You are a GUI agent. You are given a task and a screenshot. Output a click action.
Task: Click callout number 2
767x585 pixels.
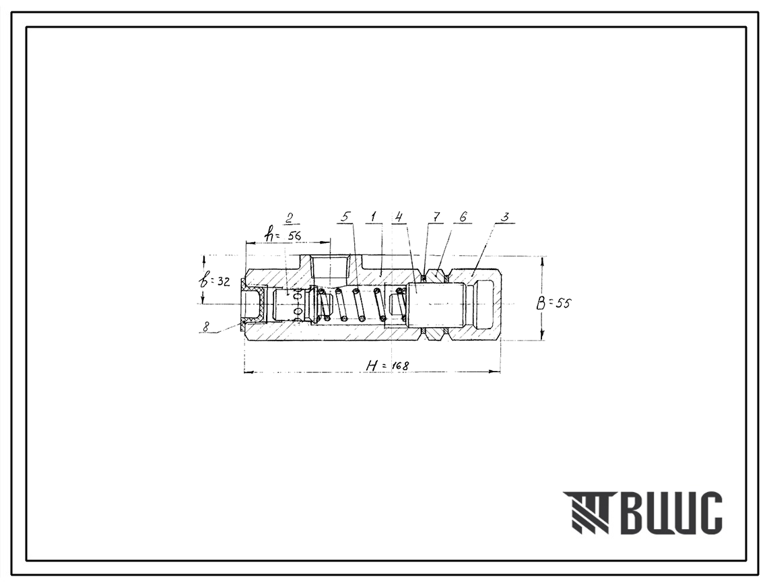290,217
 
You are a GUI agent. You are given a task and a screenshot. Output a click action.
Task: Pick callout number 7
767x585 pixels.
436,217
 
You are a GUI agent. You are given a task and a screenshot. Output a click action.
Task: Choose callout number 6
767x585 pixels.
463,217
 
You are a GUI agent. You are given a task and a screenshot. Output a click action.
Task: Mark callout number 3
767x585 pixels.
505,217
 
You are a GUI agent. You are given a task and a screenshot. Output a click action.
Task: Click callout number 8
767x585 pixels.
206,326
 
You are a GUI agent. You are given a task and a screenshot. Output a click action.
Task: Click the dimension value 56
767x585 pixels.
294,236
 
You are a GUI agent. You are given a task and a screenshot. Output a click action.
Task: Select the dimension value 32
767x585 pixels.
223,282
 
